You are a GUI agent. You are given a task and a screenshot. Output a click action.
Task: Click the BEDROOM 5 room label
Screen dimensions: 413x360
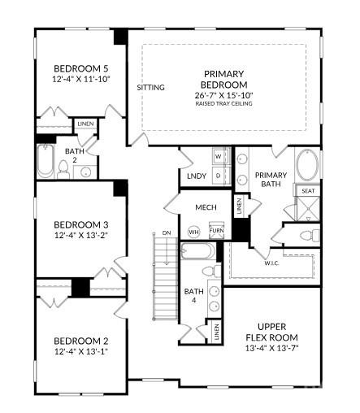[x=81, y=68]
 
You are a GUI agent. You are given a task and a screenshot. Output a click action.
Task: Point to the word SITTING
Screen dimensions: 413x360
[x=150, y=87]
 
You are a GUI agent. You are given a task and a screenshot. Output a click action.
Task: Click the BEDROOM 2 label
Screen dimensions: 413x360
[x=81, y=341]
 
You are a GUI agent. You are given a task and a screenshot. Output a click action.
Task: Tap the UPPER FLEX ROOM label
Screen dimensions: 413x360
[x=272, y=331]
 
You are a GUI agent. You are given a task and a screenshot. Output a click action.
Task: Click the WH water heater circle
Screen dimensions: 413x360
[x=193, y=232]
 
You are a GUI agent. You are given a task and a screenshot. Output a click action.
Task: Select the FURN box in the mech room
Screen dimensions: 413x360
[x=215, y=231]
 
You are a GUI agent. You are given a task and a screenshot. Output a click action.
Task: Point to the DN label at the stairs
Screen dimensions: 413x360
[x=166, y=234]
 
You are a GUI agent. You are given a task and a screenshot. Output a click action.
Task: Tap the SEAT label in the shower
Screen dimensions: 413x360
[x=308, y=191]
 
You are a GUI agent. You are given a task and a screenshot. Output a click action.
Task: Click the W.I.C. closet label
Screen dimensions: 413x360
[x=271, y=262]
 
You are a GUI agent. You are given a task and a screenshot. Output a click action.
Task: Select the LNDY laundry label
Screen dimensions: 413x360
[x=195, y=176]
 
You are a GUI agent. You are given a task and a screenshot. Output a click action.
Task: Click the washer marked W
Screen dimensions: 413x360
[x=218, y=155]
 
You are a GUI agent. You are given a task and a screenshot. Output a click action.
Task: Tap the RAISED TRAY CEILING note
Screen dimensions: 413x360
[x=224, y=105]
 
